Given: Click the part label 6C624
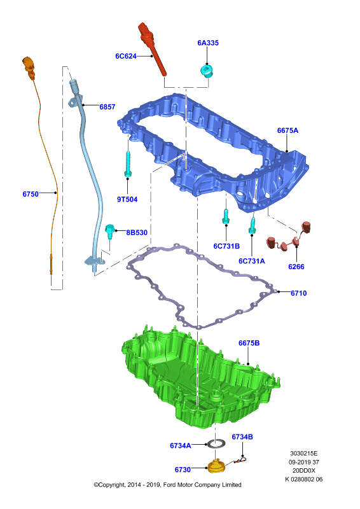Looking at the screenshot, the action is (126, 56).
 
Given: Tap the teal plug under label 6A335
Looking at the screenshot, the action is (207, 71).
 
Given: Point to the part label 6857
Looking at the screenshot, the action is (107, 107).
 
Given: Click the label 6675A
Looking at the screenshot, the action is (287, 130).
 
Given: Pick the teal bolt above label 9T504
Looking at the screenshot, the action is (128, 164).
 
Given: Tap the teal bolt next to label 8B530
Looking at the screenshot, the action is (110, 232).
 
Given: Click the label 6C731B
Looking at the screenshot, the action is (226, 246).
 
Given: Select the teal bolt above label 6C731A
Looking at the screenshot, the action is (252, 225).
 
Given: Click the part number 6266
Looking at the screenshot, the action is (296, 267).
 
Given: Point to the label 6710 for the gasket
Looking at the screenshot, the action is (299, 293).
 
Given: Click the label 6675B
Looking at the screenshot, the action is (249, 343).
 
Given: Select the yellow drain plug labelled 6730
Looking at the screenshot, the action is (216, 466).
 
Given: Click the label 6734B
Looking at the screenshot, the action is (242, 437).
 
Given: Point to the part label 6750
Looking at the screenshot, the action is (31, 194).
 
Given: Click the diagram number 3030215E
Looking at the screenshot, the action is (304, 454).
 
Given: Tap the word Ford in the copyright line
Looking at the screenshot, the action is (170, 485).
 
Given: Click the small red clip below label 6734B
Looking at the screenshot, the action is (240, 460).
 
